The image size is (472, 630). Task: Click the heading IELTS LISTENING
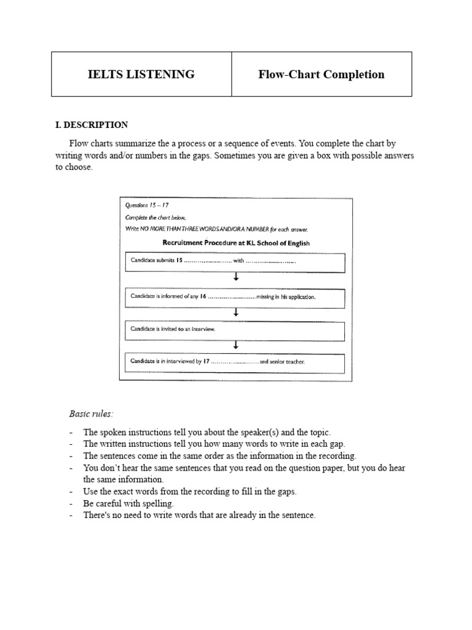(141, 74)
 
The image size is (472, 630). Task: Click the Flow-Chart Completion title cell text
(321, 74)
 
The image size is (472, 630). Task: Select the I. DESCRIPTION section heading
(92, 125)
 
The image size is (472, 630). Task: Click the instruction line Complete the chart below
(155, 218)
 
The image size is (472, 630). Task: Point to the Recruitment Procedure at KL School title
(235, 243)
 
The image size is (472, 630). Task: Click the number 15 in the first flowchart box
(180, 261)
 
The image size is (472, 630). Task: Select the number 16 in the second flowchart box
(202, 297)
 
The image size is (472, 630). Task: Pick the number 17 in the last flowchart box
(206, 362)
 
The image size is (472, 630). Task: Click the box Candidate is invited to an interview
(235, 329)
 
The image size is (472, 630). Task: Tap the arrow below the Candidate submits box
(236, 277)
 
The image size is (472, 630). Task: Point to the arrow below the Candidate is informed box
(236, 313)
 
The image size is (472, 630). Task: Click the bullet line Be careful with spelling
(128, 503)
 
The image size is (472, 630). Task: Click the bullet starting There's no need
(199, 515)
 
